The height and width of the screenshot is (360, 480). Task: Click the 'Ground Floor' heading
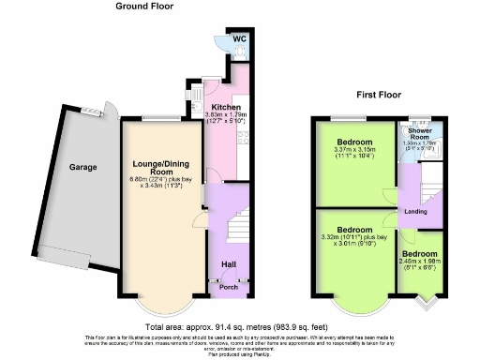[144, 7]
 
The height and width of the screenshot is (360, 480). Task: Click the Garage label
[82, 169]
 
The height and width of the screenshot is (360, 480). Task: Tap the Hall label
[229, 263]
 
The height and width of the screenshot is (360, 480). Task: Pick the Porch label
[229, 287]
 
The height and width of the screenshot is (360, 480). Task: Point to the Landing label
[415, 211]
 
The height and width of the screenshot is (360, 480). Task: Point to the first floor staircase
[429, 187]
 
